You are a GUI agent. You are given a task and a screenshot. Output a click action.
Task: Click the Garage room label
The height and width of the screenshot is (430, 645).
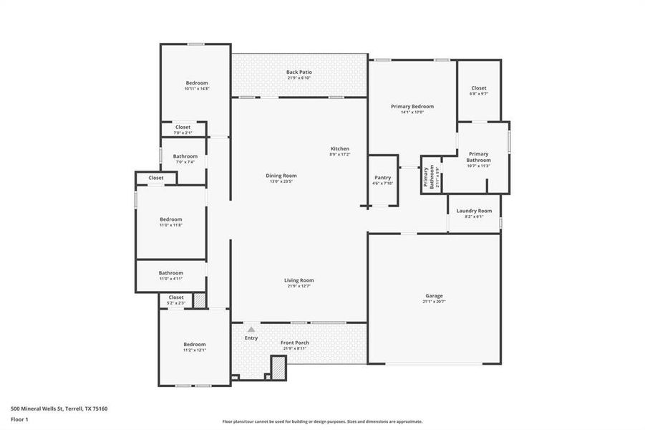pos(433,296)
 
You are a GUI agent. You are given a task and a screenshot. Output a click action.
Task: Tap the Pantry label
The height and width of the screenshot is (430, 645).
pos(382,178)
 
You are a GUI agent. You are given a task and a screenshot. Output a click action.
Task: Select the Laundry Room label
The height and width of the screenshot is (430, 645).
pos(474,211)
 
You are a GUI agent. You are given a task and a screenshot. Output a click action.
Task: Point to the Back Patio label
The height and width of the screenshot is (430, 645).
pos(299,72)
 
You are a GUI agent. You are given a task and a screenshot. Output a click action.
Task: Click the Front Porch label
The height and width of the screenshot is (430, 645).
pos(294,343)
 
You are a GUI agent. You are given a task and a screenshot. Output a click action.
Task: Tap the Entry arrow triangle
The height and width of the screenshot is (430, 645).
pos(251,329)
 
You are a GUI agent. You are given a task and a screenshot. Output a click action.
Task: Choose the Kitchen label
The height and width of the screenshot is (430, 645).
pos(339,148)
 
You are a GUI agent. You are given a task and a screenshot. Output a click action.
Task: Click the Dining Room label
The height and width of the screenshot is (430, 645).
pos(282,176)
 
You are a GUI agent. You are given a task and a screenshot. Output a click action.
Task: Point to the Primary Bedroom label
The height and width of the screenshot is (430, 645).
pos(412,106)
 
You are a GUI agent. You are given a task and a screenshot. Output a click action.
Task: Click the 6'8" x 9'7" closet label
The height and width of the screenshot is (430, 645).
pos(478,94)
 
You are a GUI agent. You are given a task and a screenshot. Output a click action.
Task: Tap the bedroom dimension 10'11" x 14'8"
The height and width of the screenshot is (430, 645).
pos(197,88)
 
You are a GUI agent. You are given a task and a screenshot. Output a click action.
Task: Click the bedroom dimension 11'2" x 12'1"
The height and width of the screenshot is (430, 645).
pos(194,350)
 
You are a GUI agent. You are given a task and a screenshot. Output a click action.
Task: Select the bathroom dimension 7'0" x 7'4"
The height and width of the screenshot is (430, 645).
pos(185,162)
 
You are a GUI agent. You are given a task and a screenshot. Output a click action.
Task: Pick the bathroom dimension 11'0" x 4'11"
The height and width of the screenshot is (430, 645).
pos(171,279)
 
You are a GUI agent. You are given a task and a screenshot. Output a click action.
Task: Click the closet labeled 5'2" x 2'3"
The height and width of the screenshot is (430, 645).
pos(176,303)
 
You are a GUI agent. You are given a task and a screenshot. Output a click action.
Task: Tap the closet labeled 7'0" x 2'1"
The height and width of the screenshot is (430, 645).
pos(183,133)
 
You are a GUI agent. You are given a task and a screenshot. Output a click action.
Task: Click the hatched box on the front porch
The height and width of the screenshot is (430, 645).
pos(278,367)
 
